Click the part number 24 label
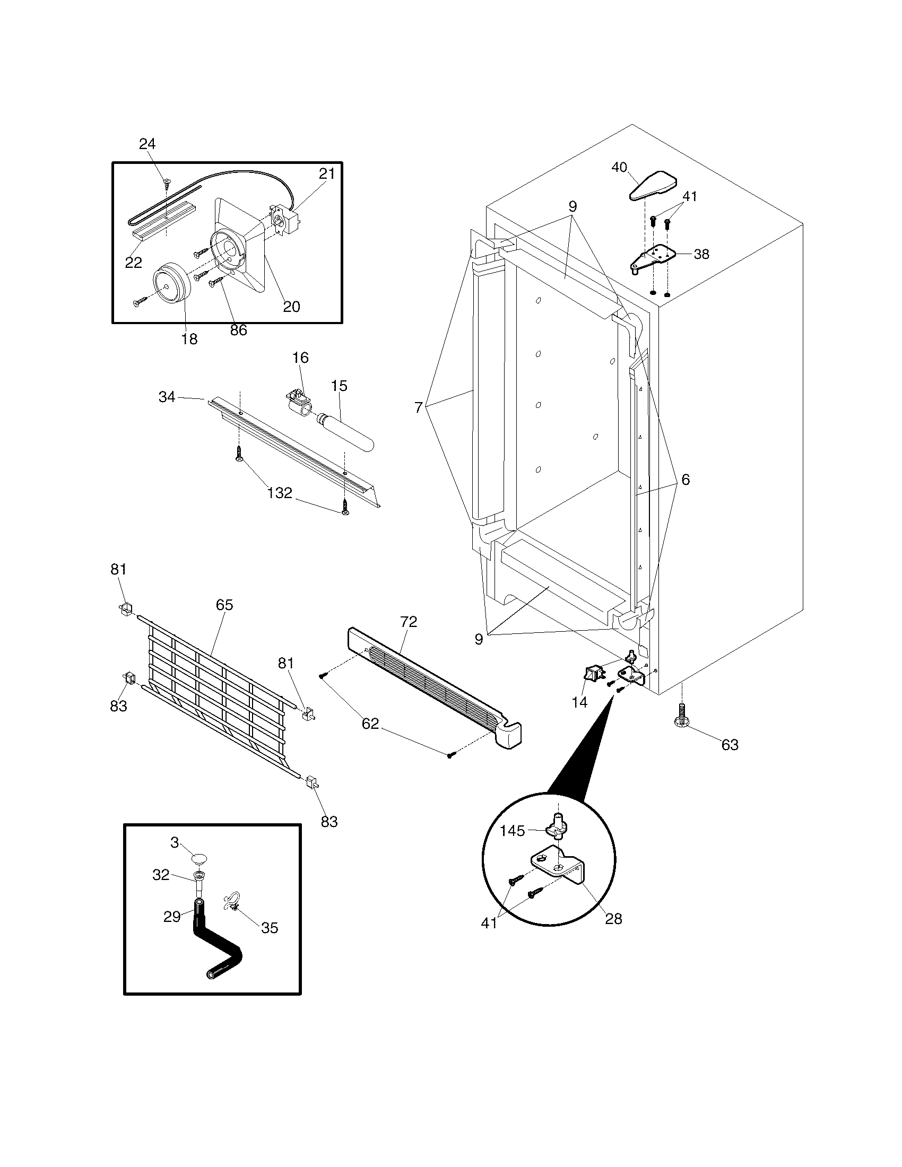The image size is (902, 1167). (147, 144)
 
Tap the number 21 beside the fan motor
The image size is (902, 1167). (327, 173)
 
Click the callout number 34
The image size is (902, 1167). (167, 397)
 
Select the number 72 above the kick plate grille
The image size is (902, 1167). (408, 622)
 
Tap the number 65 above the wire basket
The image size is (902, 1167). (224, 605)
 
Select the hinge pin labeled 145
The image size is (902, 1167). (556, 830)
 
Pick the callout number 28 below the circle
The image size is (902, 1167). (614, 919)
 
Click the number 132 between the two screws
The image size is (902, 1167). (280, 493)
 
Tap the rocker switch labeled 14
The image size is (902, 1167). (592, 675)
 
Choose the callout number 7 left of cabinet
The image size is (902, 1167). (419, 408)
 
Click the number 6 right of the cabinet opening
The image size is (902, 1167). (685, 480)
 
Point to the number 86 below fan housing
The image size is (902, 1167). (238, 330)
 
